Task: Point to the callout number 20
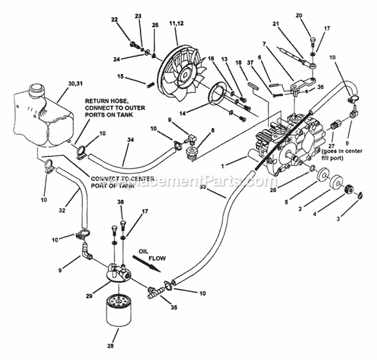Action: [x=313, y=16]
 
